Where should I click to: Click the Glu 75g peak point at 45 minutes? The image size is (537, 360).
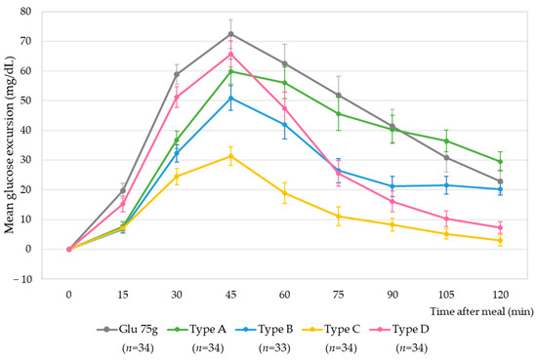230,34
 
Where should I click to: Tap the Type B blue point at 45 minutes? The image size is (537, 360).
230,98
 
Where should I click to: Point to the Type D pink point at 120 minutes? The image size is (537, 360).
500,227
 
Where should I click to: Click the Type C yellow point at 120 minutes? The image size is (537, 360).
500,240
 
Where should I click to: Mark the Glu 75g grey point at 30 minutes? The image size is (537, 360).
177,74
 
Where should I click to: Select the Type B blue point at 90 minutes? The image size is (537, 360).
392,186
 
